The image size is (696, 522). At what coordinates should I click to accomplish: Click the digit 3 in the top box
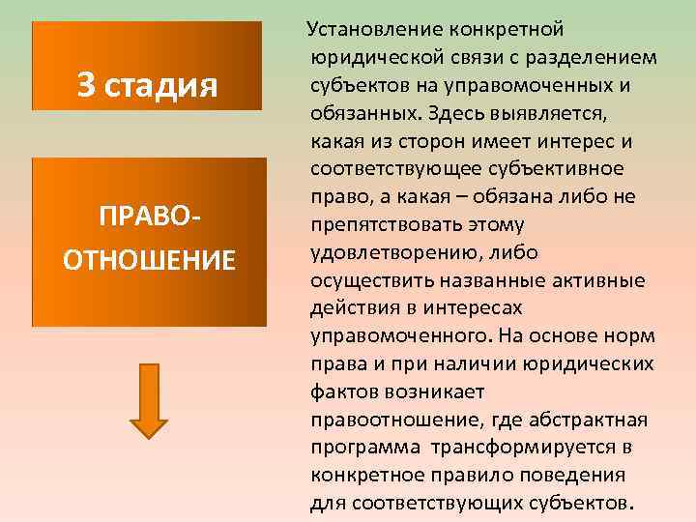(86, 86)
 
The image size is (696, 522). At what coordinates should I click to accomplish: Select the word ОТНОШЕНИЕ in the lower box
(148, 260)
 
